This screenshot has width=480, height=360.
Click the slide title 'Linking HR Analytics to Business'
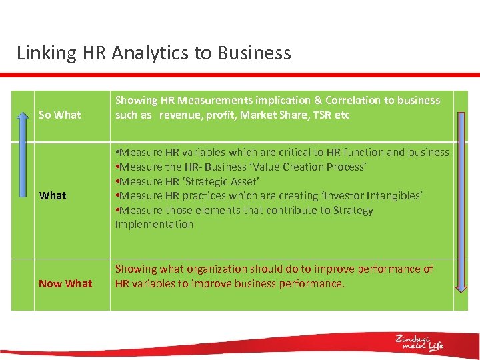pyautogui.click(x=153, y=53)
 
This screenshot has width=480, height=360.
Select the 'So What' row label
pyautogui.click(x=60, y=115)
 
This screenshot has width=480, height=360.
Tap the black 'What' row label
pyautogui.click(x=53, y=195)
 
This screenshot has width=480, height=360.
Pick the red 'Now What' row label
pyautogui.click(x=65, y=283)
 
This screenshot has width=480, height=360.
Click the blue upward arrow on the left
pyautogui.click(x=23, y=201)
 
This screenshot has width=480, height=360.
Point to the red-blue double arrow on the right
pyautogui.click(x=461, y=201)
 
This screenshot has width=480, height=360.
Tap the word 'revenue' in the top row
pyautogui.click(x=179, y=115)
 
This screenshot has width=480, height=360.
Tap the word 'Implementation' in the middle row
pyautogui.click(x=154, y=224)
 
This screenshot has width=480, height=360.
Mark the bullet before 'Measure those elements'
pyautogui.click(x=117, y=210)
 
